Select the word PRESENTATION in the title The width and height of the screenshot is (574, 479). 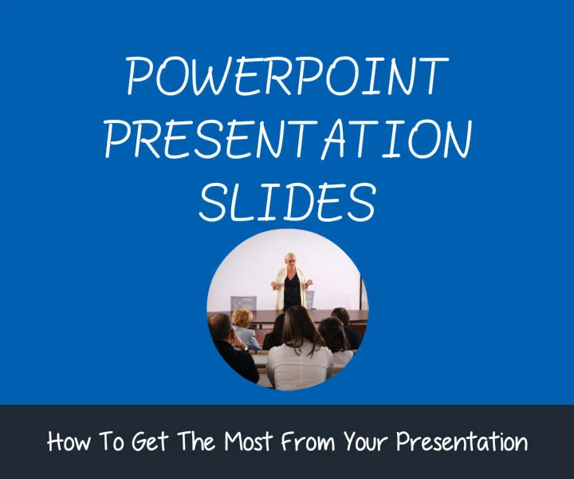click(287, 141)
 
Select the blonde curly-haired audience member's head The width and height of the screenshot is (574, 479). click(242, 318)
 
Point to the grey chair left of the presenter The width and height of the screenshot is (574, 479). click(243, 303)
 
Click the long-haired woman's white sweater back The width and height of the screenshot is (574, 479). click(298, 367)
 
